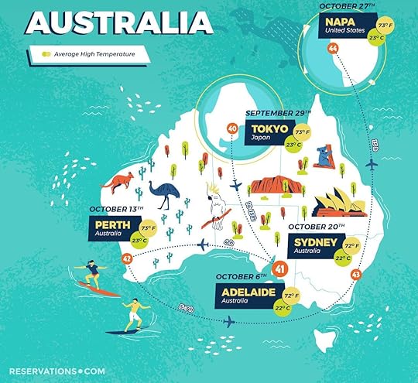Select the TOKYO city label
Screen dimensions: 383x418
coord(269,128)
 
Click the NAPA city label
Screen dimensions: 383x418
coord(339,22)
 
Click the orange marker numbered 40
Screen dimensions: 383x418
coord(231,128)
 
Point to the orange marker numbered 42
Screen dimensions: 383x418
coord(127,258)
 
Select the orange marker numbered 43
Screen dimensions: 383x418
coord(356,274)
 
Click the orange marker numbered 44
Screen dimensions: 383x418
coord(333,48)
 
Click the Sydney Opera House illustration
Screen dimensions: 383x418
coord(334,202)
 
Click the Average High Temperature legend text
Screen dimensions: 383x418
coord(91,54)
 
